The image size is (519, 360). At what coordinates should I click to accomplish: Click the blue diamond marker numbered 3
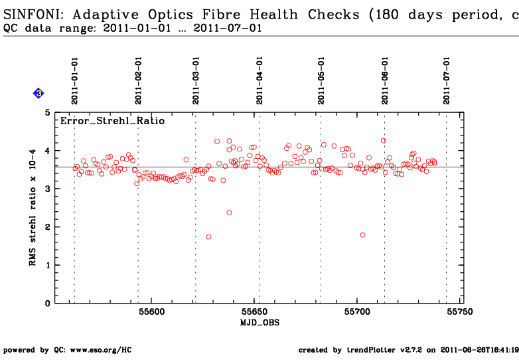38,94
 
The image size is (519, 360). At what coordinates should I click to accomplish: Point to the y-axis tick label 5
47,113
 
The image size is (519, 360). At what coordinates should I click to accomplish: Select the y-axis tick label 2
47,227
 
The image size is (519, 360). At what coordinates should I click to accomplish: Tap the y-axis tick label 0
47,304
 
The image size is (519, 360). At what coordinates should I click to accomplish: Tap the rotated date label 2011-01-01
75,80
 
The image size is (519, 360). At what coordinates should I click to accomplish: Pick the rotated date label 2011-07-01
447,80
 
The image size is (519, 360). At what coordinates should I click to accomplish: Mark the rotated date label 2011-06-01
385,80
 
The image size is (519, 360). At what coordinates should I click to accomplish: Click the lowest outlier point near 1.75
208,236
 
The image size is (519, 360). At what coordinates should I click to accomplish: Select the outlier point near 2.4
229,213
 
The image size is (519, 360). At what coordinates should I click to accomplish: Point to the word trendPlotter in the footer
376,349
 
